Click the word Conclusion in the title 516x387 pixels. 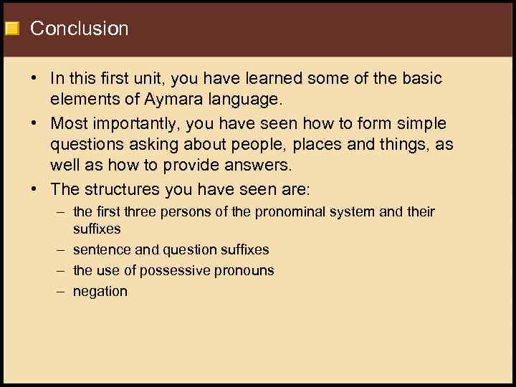point(80,29)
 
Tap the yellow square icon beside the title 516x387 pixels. point(11,29)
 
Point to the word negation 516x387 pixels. point(100,292)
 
